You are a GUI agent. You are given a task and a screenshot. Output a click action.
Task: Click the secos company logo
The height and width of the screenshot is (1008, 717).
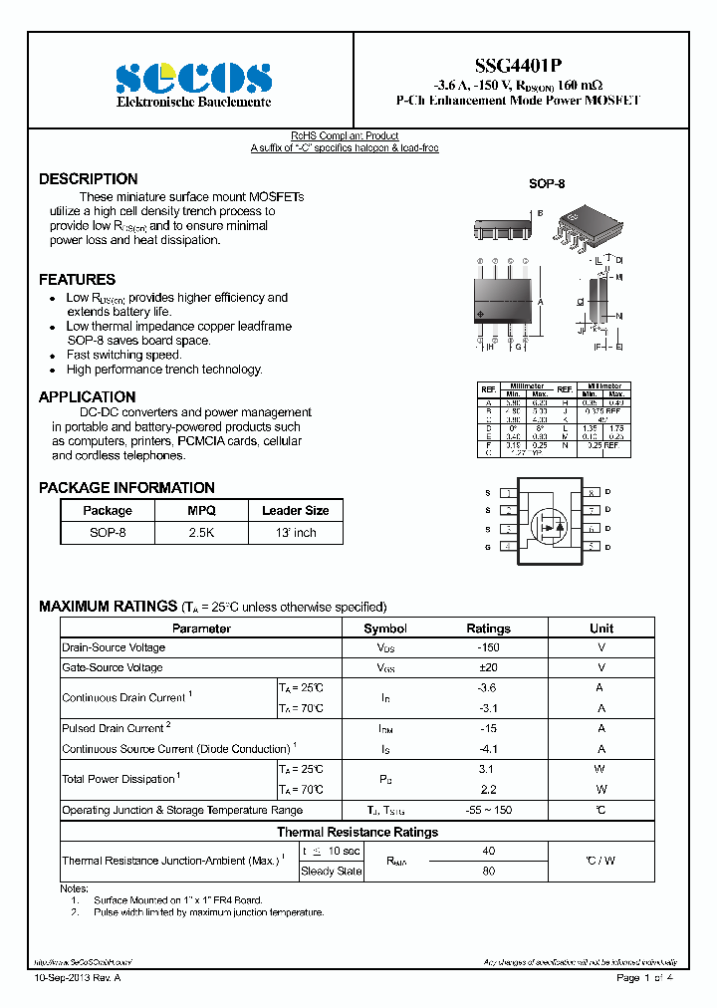tap(194, 77)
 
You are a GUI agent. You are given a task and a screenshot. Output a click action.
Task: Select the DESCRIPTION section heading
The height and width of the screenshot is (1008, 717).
tap(89, 179)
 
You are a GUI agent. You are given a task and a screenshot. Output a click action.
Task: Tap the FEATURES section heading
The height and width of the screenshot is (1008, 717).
tap(77, 280)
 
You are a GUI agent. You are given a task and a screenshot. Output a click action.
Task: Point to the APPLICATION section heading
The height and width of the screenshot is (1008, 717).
tap(88, 396)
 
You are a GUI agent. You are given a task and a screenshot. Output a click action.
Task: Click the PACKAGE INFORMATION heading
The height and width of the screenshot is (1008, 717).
tap(126, 488)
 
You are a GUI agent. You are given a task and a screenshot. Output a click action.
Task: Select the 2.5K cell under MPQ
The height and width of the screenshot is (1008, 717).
tap(201, 533)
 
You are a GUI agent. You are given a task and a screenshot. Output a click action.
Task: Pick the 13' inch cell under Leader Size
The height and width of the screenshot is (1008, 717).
tap(295, 533)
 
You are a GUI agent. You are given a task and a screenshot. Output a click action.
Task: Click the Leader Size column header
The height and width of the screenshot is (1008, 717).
tap(295, 510)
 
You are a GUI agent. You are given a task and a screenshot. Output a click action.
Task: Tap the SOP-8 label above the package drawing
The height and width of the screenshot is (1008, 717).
tap(547, 184)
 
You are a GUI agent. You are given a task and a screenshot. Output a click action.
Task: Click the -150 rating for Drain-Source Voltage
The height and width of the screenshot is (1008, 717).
tap(488, 647)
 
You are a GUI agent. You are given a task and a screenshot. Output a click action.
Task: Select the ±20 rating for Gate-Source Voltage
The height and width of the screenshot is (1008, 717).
tap(488, 667)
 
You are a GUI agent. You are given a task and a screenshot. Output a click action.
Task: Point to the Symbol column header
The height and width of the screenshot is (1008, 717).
tap(385, 629)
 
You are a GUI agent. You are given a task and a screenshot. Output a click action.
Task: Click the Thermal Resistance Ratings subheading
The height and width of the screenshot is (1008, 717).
tap(358, 832)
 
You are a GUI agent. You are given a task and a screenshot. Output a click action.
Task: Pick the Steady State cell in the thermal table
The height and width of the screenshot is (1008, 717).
tap(331, 872)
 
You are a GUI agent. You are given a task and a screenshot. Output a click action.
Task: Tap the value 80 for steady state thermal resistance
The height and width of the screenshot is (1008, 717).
tap(488, 872)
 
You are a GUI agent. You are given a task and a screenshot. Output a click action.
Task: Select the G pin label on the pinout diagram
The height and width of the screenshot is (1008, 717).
tap(488, 547)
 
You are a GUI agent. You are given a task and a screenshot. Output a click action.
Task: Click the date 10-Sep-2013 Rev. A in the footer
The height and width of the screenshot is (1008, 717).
tap(77, 978)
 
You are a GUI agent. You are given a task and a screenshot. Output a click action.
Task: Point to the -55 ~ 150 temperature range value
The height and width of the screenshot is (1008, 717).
tap(488, 810)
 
